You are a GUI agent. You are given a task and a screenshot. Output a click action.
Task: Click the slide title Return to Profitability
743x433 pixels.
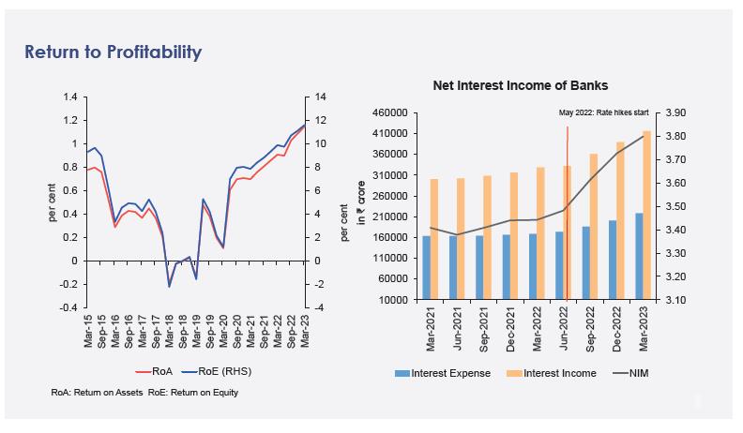coord(113,52)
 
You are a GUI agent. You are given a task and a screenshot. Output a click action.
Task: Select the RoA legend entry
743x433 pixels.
coord(148,372)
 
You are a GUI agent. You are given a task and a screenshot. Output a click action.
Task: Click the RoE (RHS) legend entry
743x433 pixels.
coord(222,372)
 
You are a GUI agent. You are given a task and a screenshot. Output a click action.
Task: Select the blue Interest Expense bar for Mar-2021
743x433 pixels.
coord(427,268)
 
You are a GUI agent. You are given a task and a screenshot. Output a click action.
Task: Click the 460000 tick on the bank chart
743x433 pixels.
coord(389,112)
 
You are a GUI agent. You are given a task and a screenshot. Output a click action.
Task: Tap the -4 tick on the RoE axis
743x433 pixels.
coord(319,307)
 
